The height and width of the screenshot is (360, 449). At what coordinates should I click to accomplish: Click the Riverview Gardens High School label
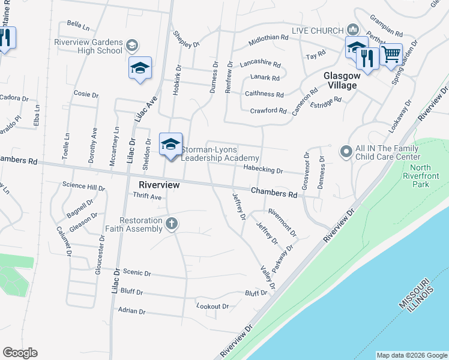(x=88, y=46)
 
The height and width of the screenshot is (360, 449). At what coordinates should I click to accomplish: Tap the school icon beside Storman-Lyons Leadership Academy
(x=170, y=144)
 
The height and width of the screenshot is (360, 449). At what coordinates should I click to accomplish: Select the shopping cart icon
(x=391, y=55)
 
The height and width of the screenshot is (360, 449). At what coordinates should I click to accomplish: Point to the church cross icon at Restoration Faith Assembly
(x=172, y=224)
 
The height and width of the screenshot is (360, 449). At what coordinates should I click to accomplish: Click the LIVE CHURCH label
(x=317, y=31)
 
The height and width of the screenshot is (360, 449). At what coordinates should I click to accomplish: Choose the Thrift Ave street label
(x=147, y=197)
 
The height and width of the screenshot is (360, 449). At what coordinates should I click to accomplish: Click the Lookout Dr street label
(x=213, y=307)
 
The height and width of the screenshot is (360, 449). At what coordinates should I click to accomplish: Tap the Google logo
(x=20, y=353)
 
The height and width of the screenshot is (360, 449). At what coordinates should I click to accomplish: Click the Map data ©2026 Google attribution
(x=411, y=355)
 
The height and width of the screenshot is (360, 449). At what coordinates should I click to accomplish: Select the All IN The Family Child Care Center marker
(x=345, y=151)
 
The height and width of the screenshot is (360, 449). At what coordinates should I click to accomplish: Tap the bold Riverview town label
(x=159, y=185)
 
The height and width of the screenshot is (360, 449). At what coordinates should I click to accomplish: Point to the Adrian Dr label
(x=132, y=311)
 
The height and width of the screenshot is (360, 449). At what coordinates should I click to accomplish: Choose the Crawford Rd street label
(x=268, y=111)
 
